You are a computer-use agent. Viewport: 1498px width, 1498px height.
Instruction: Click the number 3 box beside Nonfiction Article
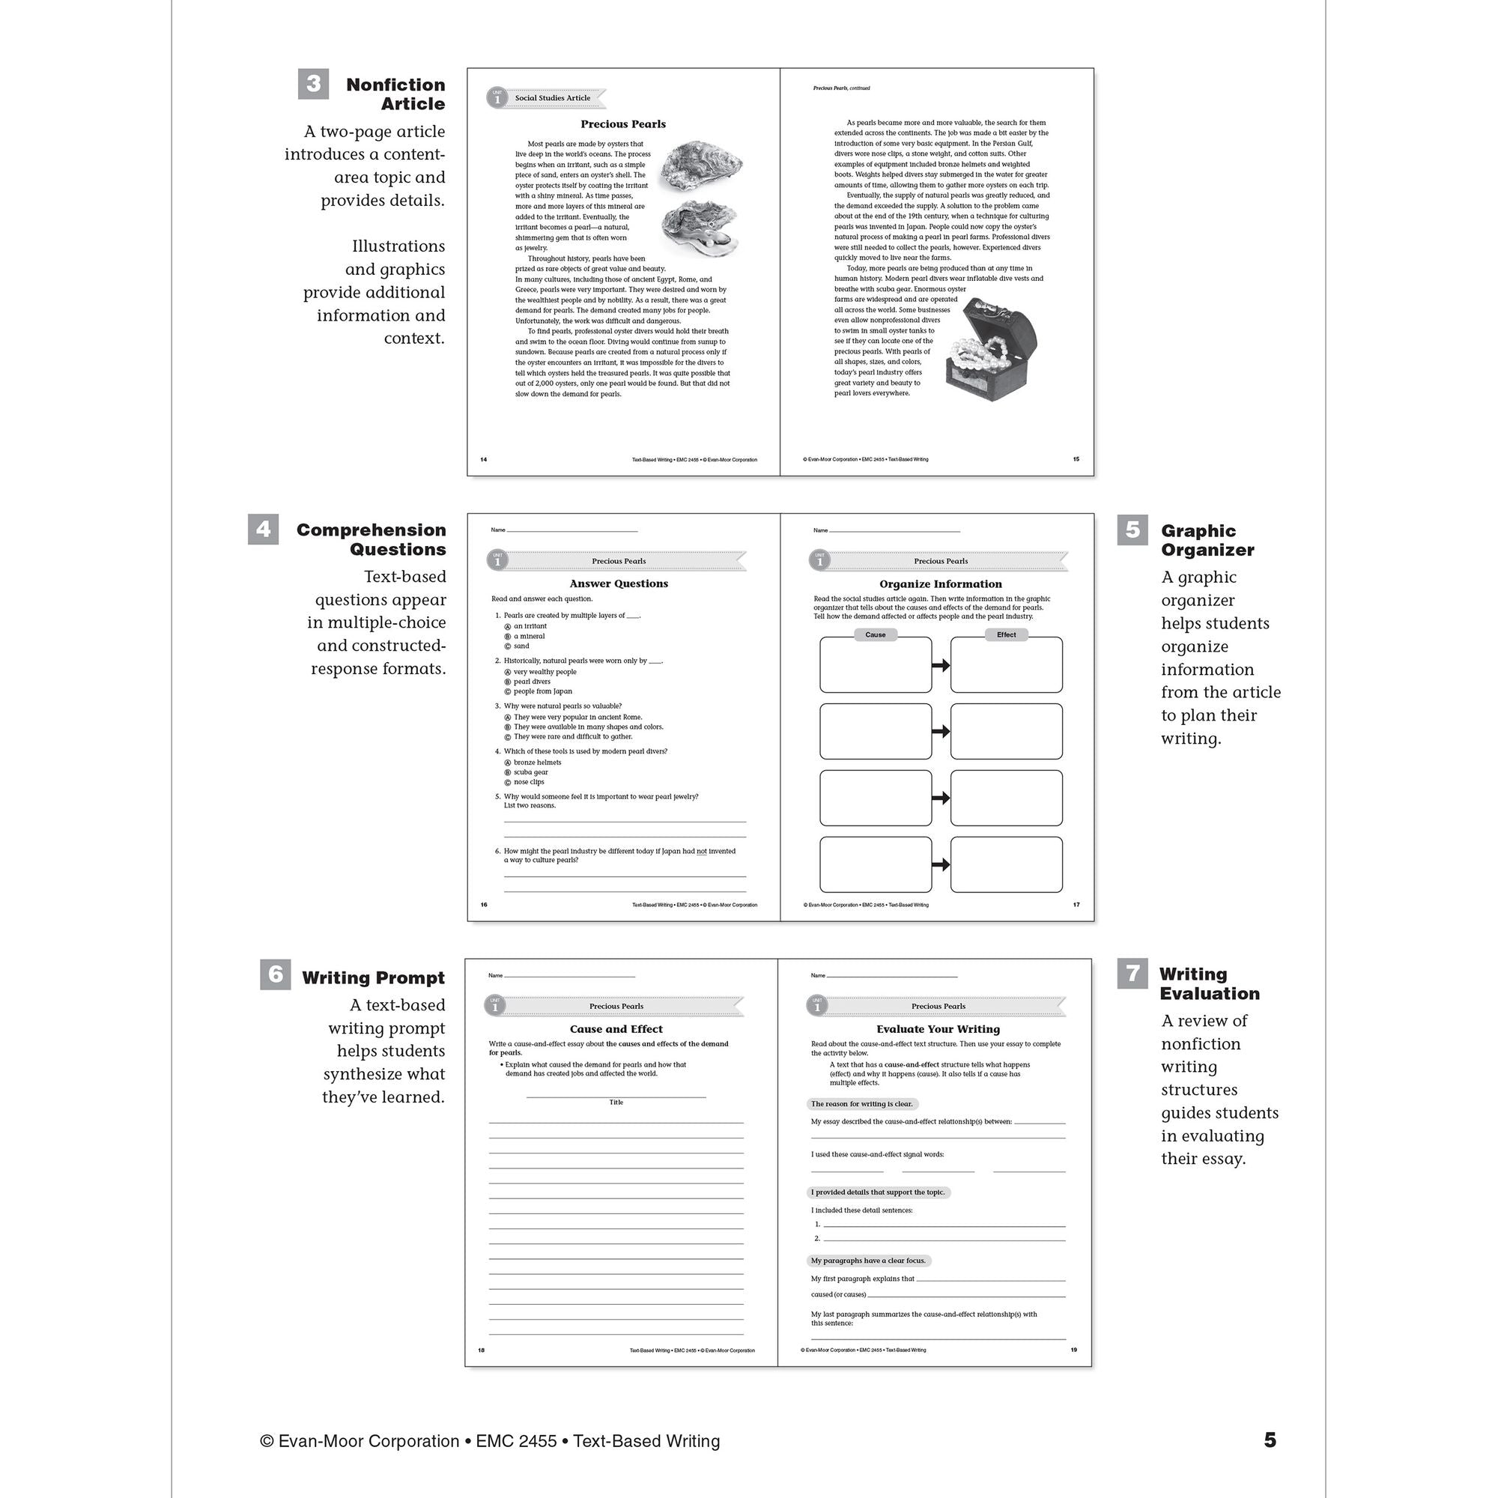[x=313, y=84]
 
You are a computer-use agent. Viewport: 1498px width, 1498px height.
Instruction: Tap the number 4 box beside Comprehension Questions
[x=263, y=529]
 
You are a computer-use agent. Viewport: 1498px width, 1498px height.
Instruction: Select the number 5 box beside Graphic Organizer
[x=1132, y=530]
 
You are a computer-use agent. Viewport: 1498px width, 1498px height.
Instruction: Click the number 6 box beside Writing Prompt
[x=275, y=974]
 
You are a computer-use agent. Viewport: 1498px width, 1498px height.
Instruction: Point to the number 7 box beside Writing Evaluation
[x=1132, y=973]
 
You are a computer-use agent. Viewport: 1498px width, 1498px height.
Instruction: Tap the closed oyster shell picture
[x=701, y=165]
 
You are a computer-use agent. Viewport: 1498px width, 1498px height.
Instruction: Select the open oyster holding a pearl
[x=700, y=229]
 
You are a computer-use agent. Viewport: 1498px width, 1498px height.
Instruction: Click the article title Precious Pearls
[x=622, y=124]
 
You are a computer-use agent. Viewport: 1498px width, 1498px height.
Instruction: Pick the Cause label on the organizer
[x=875, y=634]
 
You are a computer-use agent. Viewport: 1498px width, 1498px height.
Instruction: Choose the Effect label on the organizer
[x=1006, y=634]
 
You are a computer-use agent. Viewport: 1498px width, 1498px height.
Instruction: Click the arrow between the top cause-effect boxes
[x=941, y=665]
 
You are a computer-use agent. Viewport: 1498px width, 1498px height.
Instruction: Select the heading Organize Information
[x=940, y=584]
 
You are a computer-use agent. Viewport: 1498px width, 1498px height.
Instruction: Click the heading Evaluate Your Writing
[x=938, y=1029]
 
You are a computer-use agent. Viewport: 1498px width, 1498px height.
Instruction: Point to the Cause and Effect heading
[x=616, y=1029]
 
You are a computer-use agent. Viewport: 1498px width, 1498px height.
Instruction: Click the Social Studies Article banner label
[x=552, y=98]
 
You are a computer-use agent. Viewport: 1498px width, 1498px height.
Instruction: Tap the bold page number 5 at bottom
[x=1270, y=1440]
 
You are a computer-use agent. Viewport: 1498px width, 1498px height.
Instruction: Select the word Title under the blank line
[x=616, y=1102]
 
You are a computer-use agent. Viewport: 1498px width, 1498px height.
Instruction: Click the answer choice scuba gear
[x=530, y=772]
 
